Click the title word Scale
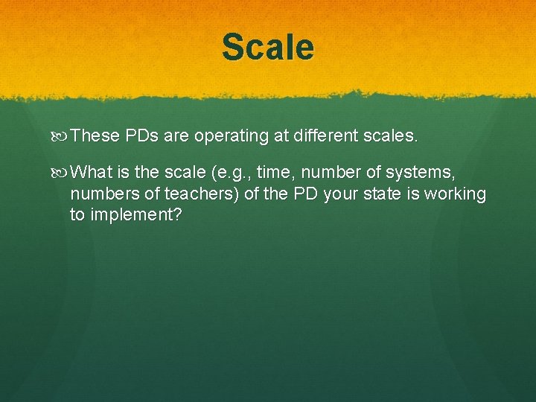pyautogui.click(x=268, y=47)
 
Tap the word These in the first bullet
pyautogui.click(x=97, y=136)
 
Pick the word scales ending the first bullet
pyautogui.click(x=393, y=136)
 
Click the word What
pyautogui.click(x=95, y=173)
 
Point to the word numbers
pyautogui.click(x=104, y=194)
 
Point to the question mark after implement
pyautogui.click(x=177, y=215)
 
